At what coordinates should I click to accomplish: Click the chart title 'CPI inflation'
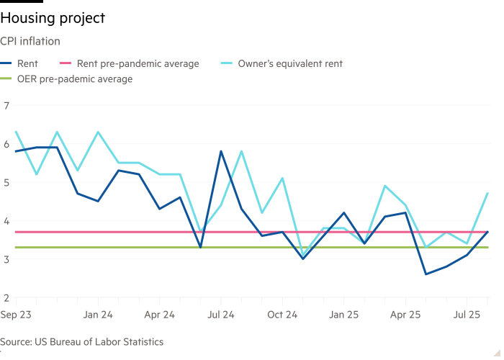coord(30,42)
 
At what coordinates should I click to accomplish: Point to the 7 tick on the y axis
coord(6,106)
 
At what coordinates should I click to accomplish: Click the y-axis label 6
coord(6,144)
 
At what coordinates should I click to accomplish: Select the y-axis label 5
coord(6,182)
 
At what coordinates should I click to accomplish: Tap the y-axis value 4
coord(6,221)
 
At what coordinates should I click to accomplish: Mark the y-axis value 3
coord(6,259)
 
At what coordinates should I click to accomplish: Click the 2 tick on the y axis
coord(6,297)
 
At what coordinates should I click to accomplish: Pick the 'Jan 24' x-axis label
coord(97,315)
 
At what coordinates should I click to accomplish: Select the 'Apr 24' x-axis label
coord(159,315)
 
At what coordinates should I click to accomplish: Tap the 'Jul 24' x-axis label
coord(220,315)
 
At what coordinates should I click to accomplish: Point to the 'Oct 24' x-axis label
coord(282,315)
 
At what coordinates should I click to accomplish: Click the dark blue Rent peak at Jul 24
coord(220,151)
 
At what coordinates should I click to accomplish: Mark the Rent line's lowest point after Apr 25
coord(426,274)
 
